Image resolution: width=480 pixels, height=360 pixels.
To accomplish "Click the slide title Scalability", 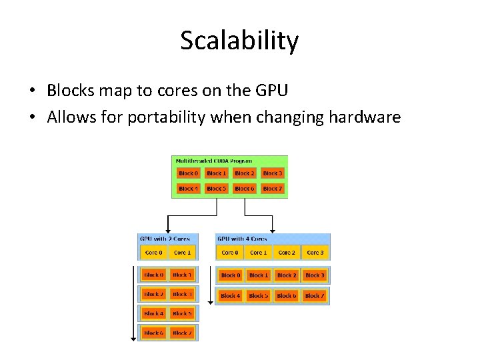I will tap(239, 41).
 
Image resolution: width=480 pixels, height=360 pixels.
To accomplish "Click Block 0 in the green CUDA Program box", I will tap(188, 173).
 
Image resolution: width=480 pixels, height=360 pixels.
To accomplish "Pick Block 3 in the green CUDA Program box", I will tap(272, 173).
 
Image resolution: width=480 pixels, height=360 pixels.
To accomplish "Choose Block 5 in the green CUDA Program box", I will tap(216, 189).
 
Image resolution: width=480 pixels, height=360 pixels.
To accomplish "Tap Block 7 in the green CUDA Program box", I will tap(272, 189).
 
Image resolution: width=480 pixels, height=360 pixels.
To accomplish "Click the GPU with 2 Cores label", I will tap(165, 239).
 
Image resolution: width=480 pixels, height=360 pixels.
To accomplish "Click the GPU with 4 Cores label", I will tap(242, 239).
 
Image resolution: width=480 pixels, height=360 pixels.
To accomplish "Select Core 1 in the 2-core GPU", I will tap(182, 253).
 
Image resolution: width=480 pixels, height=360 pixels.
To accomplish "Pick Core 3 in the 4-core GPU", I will tap(315, 253).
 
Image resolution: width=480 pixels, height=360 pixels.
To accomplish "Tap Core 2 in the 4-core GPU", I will tap(286, 253).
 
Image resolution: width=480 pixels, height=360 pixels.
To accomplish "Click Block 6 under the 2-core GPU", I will tap(153, 333).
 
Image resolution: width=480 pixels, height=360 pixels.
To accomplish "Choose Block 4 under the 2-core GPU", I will tap(153, 313).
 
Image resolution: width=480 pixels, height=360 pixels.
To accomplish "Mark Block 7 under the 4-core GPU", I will tap(314, 295).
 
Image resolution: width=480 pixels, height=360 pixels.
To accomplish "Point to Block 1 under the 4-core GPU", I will tap(258, 275).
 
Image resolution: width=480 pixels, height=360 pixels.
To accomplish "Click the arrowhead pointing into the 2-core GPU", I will tap(167, 230).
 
